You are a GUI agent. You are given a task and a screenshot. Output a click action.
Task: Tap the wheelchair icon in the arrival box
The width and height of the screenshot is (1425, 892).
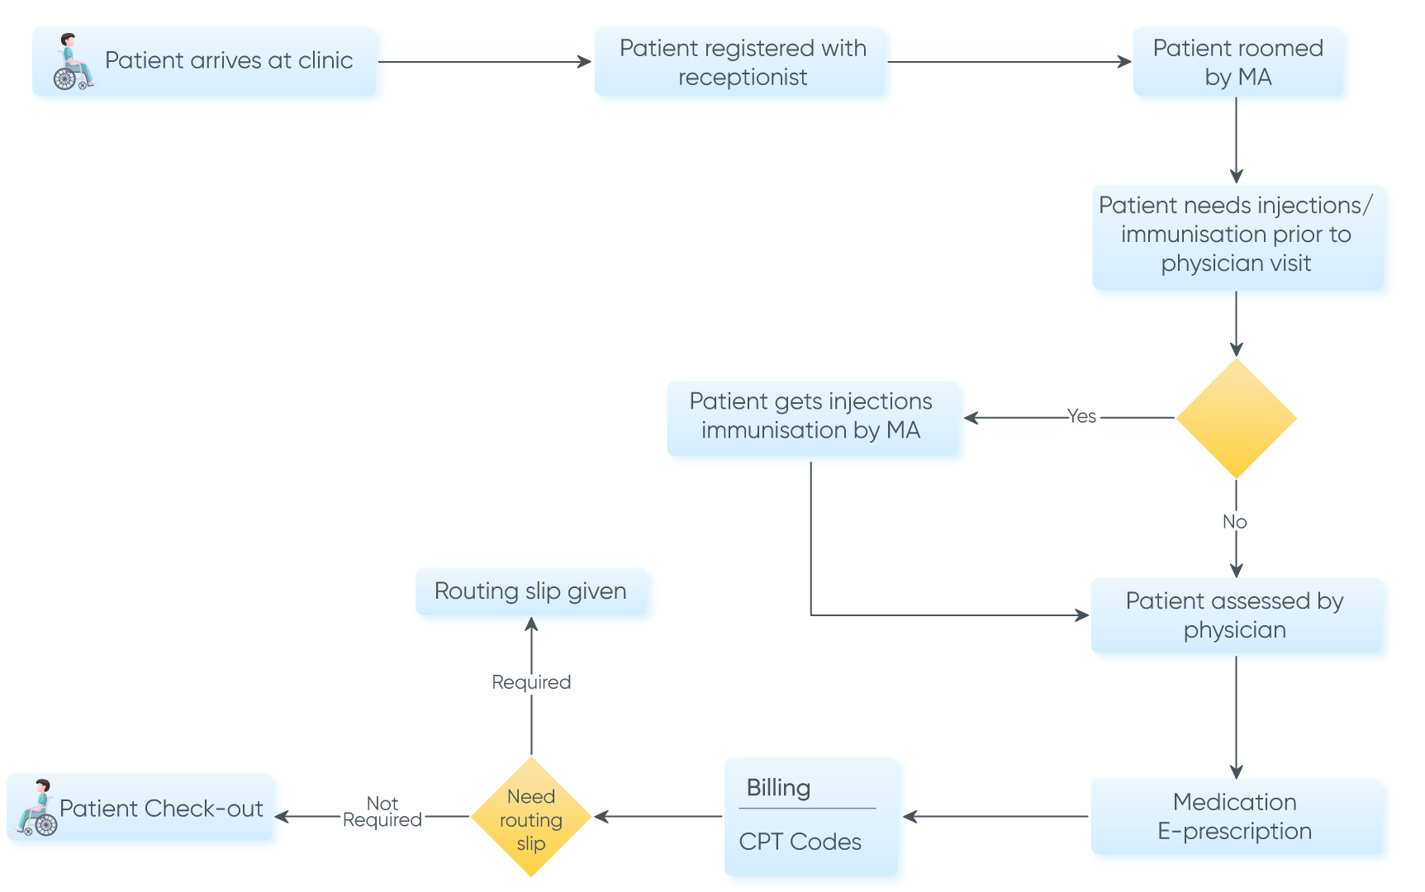pos(73,64)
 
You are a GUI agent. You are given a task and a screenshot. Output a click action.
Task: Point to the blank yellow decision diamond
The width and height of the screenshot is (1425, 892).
pos(1236,418)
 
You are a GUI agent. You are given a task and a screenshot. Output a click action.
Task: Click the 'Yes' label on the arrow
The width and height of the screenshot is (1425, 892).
pos(1081,416)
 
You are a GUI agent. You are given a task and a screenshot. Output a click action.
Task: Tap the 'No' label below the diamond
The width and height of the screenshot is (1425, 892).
pos(1234,522)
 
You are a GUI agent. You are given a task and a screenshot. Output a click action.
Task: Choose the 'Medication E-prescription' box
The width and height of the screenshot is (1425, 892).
pos(1234,817)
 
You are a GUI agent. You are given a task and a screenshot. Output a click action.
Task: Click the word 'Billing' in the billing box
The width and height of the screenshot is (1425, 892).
pos(778,788)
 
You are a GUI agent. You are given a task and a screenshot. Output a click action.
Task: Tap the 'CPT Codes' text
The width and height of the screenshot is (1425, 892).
pos(800,842)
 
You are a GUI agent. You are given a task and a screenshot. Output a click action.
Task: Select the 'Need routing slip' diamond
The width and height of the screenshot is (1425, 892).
pos(531,818)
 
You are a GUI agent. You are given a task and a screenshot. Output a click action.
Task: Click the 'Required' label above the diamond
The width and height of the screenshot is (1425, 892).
pos(531,682)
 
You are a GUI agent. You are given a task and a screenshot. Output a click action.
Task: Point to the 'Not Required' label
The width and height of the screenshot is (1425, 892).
pos(382,812)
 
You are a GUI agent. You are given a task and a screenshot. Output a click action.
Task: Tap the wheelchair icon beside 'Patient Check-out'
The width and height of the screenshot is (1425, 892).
pos(36,809)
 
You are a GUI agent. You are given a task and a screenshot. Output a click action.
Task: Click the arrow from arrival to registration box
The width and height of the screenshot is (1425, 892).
pos(487,62)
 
